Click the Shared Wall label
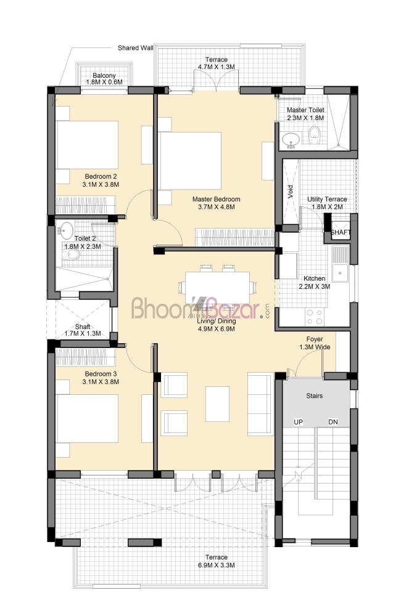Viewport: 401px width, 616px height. tap(135, 48)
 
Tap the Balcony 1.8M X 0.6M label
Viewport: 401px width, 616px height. tap(104, 79)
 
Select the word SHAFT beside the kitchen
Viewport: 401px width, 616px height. tap(341, 232)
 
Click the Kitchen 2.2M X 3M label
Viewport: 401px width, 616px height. tap(315, 283)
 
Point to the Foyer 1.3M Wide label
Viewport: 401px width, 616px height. tap(315, 343)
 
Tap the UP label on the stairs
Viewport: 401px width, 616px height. tap(299, 422)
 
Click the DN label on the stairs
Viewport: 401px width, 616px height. tap(333, 422)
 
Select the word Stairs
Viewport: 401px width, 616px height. tap(315, 395)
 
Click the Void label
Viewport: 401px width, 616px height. tap(291, 192)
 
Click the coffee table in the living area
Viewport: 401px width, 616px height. tap(218, 404)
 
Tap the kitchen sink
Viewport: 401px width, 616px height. tap(339, 264)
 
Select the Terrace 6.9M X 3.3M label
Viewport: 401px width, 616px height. tap(216, 561)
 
